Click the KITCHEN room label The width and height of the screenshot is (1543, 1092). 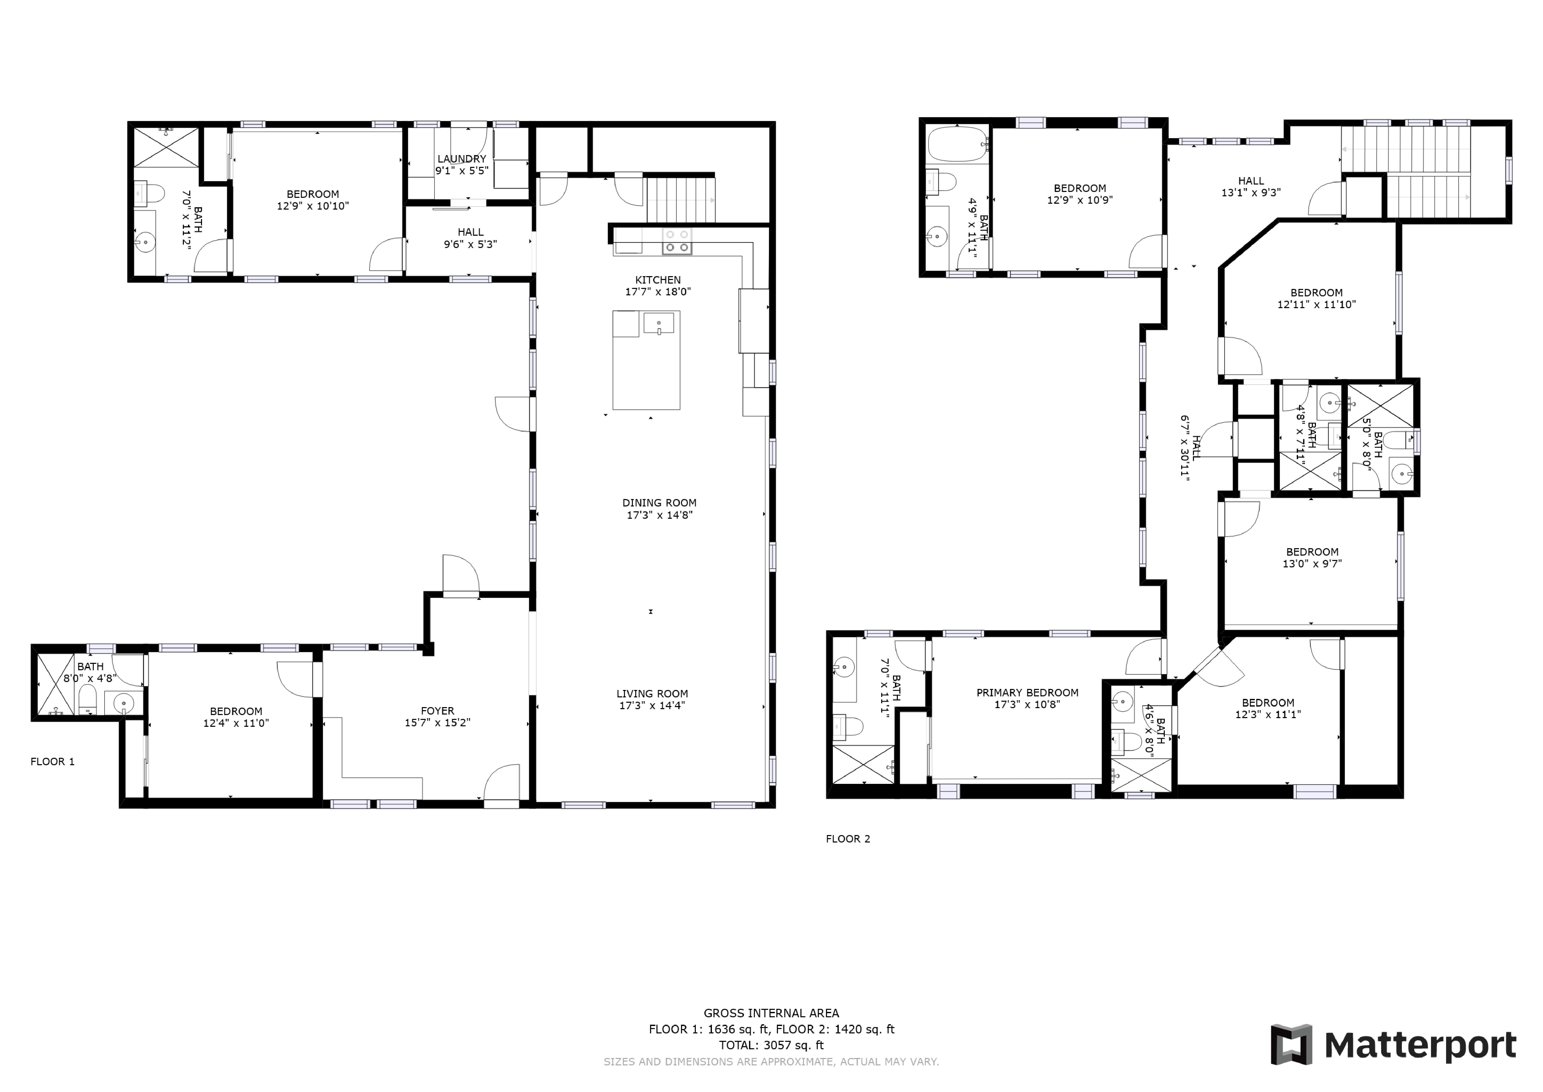pos(658,280)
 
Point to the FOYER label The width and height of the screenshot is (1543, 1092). pos(438,711)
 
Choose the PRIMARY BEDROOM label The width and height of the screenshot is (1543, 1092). pos(1027,693)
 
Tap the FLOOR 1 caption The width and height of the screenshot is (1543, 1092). pos(52,762)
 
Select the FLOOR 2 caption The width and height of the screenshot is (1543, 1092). pos(848,839)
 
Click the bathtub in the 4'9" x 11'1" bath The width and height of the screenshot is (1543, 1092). pos(957,144)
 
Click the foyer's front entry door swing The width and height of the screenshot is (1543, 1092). pos(501,782)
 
